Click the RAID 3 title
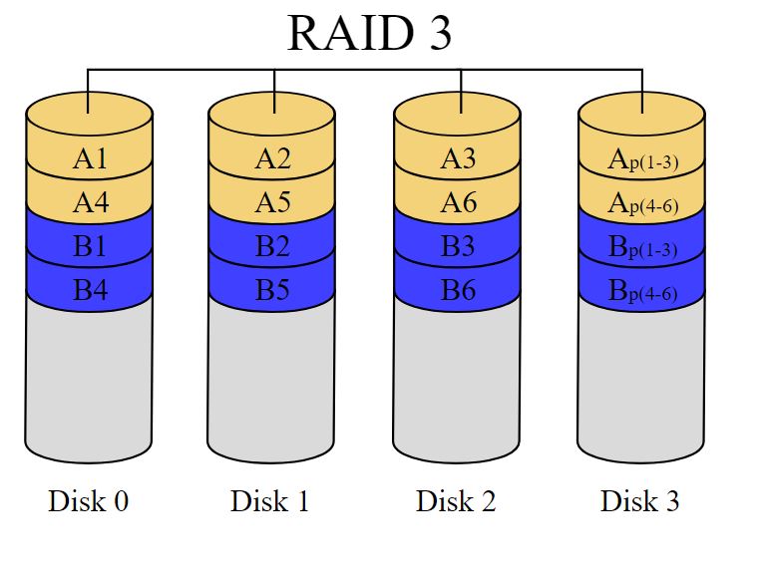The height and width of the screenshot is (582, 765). pos(369,33)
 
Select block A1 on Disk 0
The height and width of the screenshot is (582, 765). pos(90,158)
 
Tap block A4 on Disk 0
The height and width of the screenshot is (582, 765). pos(90,202)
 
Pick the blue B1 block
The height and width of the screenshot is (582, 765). pos(90,247)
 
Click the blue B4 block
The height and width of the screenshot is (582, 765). pos(90,291)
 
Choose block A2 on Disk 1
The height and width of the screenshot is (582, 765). pos(272,158)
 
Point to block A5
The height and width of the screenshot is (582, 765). pos(272,202)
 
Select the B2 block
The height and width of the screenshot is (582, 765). pos(272,247)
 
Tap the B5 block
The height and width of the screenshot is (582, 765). pos(272,291)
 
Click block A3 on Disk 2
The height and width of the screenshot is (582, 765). pos(458,158)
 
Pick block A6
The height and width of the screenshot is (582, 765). pos(458,202)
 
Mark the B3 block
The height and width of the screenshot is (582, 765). pos(458,247)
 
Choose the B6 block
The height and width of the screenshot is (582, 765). pos(458,291)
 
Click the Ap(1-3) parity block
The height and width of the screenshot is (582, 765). pos(642,159)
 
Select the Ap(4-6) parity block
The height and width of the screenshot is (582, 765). pos(642,203)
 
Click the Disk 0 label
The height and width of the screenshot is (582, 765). pos(88,500)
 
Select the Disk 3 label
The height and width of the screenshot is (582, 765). pos(640,500)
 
